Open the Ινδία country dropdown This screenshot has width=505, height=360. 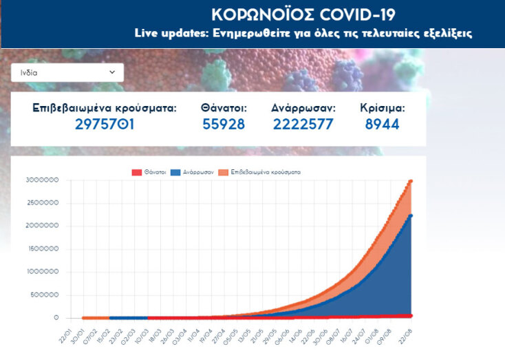(x=67, y=72)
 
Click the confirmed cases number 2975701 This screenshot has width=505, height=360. (x=105, y=125)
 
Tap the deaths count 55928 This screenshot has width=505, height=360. (x=224, y=125)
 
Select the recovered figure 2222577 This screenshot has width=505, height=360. (x=303, y=125)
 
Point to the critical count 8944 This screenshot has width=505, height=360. (x=383, y=125)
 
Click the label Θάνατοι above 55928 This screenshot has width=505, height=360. (x=224, y=108)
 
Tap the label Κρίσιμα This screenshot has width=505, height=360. (x=383, y=108)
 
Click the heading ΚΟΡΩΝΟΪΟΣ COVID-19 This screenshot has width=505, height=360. (x=303, y=15)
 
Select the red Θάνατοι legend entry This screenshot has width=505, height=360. (x=149, y=171)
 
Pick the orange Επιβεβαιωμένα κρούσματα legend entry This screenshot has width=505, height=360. (x=261, y=171)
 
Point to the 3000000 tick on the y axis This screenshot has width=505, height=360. (x=42, y=181)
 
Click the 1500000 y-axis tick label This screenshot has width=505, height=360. (x=42, y=249)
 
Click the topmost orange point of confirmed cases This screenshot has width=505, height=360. (x=411, y=181)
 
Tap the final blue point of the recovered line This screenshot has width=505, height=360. (x=411, y=215)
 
